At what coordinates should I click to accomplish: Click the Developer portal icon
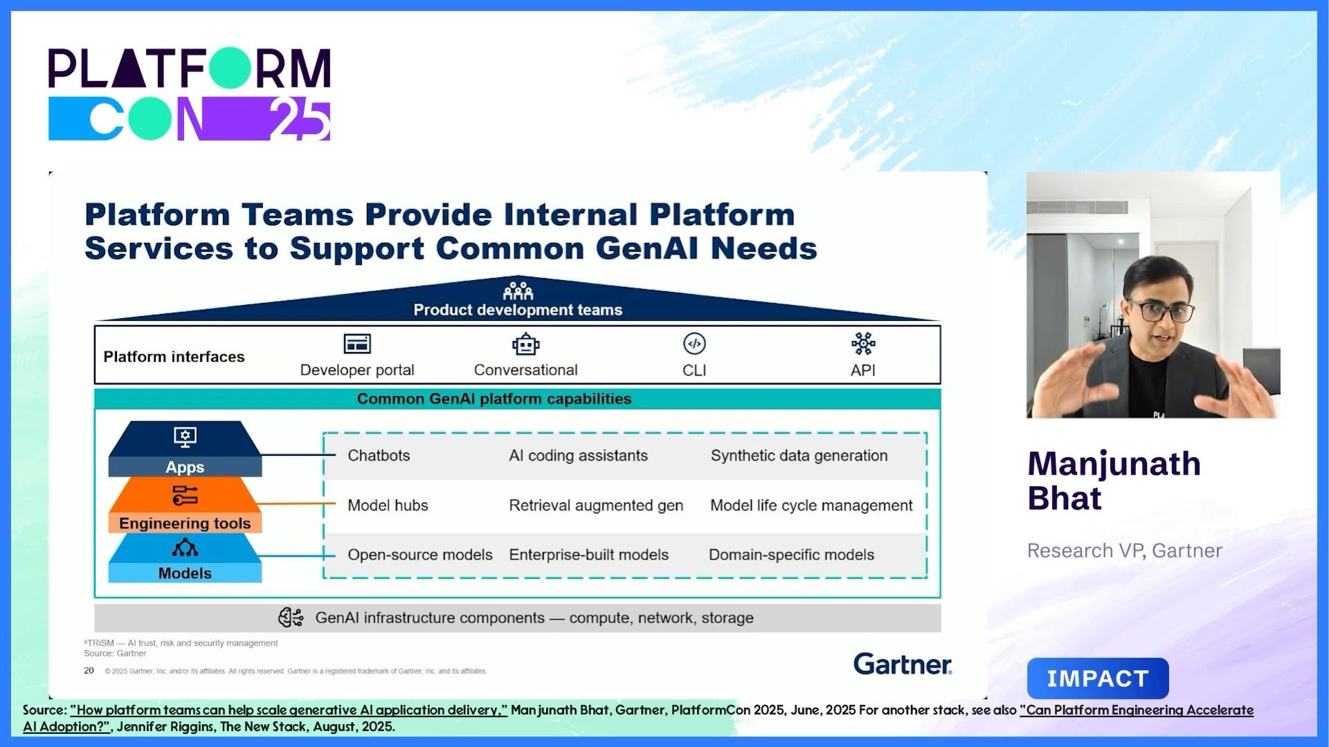357,344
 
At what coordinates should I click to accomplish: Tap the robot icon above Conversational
525,344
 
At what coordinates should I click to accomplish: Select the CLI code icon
694,344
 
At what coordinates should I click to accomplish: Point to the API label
862,370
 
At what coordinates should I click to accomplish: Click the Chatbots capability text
379,455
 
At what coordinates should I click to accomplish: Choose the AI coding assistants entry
578,455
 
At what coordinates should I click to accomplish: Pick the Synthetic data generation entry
799,455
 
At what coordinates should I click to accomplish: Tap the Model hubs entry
388,505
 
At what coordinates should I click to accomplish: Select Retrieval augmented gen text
596,505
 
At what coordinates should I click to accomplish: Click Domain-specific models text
791,555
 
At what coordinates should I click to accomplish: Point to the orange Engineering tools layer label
185,523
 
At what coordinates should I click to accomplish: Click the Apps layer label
185,467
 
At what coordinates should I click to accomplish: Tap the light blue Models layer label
185,573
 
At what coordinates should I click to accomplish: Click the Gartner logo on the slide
903,664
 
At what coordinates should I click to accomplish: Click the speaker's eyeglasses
1161,311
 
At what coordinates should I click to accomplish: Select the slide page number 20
89,670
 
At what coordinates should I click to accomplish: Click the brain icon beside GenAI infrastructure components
291,617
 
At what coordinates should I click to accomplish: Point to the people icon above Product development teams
518,290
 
